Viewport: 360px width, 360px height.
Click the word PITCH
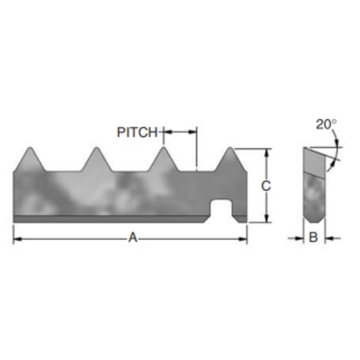coord(137,132)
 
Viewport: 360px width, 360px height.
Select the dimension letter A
coord(133,238)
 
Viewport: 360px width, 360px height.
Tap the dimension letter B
coord(313,238)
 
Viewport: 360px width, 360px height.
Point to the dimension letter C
coord(266,186)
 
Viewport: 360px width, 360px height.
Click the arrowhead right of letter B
coord(327,238)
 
